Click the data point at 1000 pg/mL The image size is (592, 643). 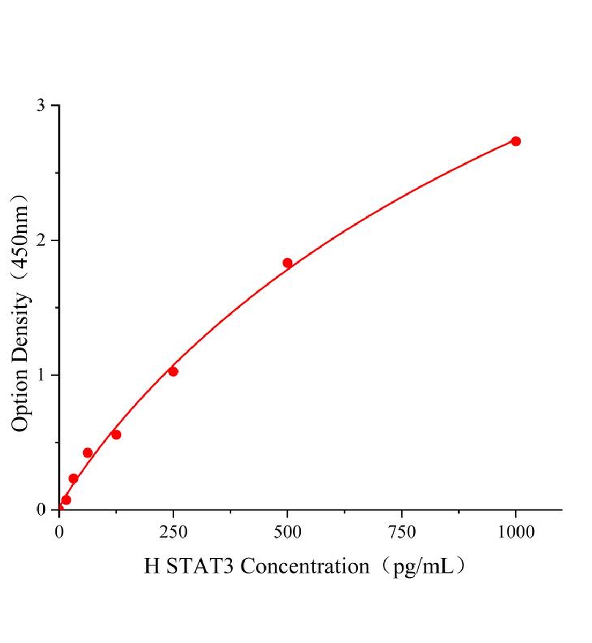[515, 141]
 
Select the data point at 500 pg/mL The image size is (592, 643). [287, 263]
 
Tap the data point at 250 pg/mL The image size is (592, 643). [173, 371]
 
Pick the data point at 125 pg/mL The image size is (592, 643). [116, 435]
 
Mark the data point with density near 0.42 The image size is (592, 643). [87, 453]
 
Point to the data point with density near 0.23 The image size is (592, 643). [73, 478]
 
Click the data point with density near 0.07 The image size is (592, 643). [66, 500]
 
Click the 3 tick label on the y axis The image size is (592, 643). [41, 106]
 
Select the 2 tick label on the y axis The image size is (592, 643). [41, 240]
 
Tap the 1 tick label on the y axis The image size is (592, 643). [41, 375]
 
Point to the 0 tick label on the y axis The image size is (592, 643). [41, 510]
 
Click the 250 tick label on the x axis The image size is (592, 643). [173, 532]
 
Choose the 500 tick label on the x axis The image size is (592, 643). [287, 532]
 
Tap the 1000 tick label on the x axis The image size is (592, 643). [515, 532]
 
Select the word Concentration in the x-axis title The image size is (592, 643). [305, 566]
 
